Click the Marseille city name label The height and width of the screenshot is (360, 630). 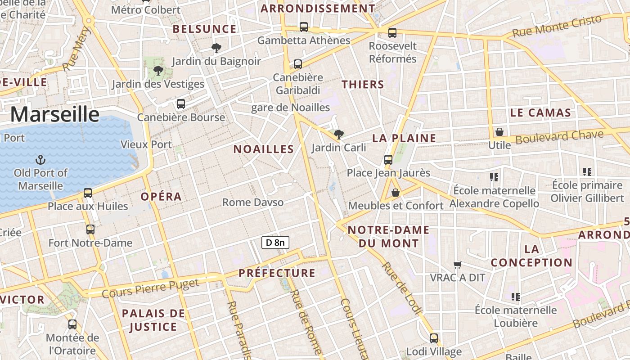(x=54, y=114)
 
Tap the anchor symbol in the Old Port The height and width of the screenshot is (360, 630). (x=40, y=159)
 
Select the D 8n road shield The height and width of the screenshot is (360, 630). (x=275, y=243)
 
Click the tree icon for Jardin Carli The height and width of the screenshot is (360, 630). (x=339, y=134)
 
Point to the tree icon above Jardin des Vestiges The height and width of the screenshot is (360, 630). (x=158, y=71)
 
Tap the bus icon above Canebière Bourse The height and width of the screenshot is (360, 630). (x=181, y=104)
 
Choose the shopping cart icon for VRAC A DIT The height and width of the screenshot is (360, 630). (x=458, y=265)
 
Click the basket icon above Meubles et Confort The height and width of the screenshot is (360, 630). (x=396, y=193)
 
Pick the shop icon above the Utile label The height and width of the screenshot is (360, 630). (x=499, y=132)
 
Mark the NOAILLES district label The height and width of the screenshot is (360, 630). (x=263, y=149)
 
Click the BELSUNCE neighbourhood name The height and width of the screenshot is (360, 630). (x=205, y=29)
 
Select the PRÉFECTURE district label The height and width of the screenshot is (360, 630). (x=277, y=273)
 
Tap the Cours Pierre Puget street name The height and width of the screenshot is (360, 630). (x=150, y=288)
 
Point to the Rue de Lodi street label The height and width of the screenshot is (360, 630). (x=402, y=288)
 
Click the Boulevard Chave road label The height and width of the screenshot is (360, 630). (x=559, y=137)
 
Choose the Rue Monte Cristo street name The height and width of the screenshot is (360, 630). (x=557, y=26)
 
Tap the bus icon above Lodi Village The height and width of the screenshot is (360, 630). (x=434, y=338)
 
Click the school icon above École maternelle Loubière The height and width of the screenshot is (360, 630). (x=516, y=297)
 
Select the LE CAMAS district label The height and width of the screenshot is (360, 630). (x=540, y=113)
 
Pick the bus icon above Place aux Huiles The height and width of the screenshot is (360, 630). (x=88, y=193)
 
